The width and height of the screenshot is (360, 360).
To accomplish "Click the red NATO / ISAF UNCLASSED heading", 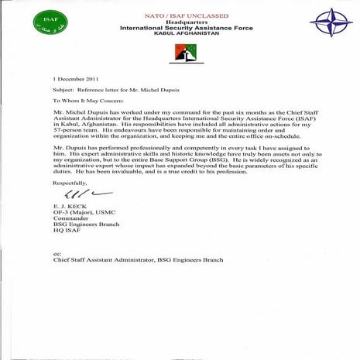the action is coord(180,15).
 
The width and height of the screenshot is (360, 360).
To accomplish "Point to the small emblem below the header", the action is coord(180,52).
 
